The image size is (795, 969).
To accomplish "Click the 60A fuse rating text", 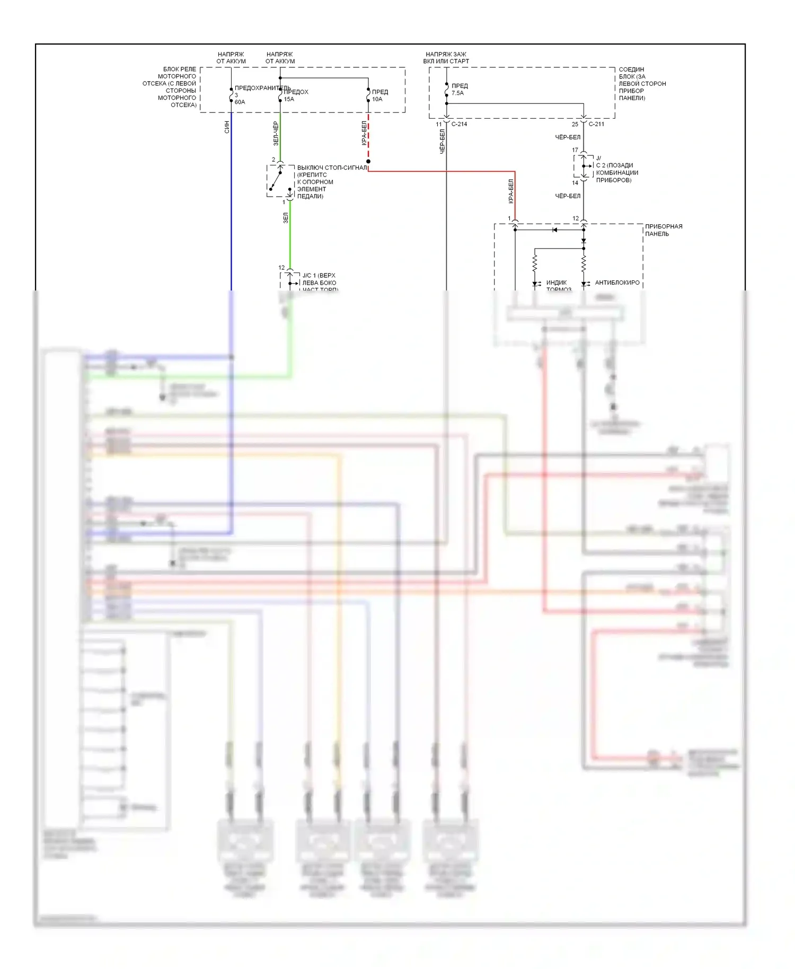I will (240, 102).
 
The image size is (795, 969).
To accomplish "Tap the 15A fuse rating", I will (289, 99).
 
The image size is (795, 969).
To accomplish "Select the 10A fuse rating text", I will (377, 99).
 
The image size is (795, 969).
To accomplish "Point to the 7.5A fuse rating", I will (457, 93).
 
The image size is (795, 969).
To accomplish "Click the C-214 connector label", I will (459, 124).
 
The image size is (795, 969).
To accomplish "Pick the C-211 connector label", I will (596, 124).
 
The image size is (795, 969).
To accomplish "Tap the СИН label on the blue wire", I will (227, 127).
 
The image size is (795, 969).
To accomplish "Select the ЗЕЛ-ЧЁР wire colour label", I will (276, 134).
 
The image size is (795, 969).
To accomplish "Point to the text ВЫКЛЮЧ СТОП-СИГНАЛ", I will (332, 168).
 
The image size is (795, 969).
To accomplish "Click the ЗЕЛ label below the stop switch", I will (286, 218).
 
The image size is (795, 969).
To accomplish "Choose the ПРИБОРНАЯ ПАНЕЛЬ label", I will (663, 230).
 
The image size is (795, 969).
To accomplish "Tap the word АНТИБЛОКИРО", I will (617, 283).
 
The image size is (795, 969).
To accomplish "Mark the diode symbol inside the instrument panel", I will (554, 230).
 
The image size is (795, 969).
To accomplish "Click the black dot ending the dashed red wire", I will (368, 161).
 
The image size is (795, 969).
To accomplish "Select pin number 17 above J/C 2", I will (575, 150).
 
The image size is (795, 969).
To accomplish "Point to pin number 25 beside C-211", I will (575, 124).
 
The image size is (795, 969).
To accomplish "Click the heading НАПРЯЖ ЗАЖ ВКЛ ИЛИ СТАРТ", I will (446, 58).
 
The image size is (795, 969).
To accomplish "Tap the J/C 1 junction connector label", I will (319, 276).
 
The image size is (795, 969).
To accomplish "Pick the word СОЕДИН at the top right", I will (631, 69).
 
